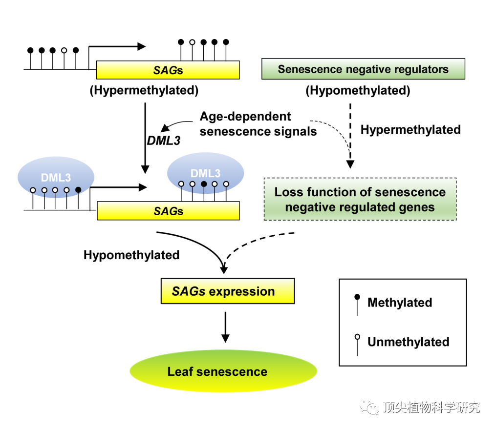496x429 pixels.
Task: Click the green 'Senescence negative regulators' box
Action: click(363, 69)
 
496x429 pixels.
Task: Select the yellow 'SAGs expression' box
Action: click(227, 291)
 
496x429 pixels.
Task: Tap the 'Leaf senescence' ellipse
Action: click(223, 371)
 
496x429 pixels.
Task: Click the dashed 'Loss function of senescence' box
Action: click(360, 199)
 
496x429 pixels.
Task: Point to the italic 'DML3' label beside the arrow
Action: click(164, 141)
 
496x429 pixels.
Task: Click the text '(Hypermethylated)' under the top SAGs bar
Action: click(144, 90)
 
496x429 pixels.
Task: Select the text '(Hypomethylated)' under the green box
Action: click(358, 90)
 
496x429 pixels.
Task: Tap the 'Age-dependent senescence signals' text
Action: click(258, 124)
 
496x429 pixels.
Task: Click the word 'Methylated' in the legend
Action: click(400, 302)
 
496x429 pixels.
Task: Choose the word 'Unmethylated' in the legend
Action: click(409, 342)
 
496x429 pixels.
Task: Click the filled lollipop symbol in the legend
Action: click(357, 305)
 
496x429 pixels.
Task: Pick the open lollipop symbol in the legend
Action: click(357, 345)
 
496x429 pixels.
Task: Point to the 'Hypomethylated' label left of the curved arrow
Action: click(131, 255)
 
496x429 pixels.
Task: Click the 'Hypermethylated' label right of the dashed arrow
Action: click(410, 129)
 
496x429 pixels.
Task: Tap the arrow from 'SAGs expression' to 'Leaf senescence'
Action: click(225, 327)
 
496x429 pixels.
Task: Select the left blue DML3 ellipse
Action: click(56, 177)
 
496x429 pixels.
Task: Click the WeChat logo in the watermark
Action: click(369, 407)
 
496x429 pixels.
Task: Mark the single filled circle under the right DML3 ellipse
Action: click(204, 184)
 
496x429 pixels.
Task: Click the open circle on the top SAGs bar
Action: click(192, 42)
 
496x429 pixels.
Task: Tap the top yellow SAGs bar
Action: click(168, 70)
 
